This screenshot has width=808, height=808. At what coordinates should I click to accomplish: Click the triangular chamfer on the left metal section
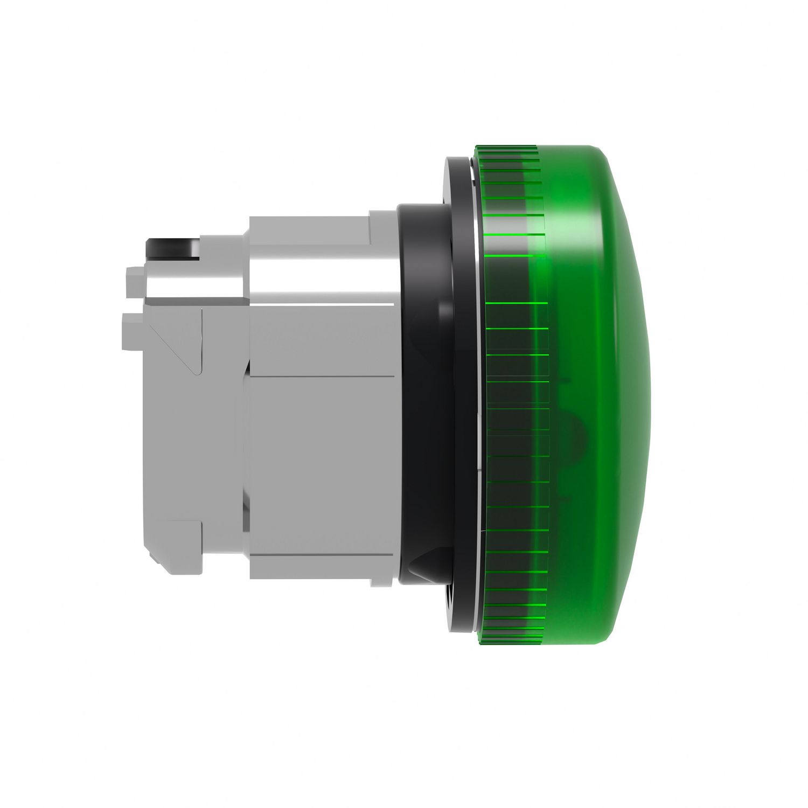coord(178,339)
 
